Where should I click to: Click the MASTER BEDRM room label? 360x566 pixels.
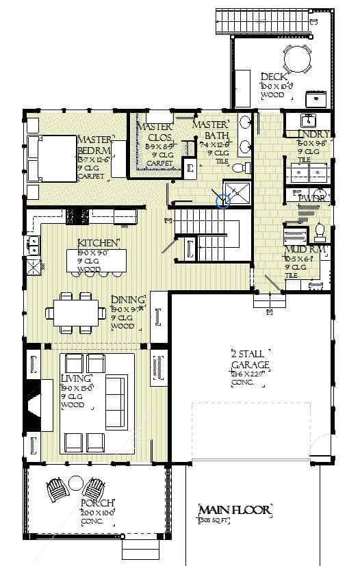(x=94, y=144)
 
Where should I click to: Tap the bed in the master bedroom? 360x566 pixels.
(x=53, y=159)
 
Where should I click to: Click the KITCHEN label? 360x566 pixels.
(x=99, y=243)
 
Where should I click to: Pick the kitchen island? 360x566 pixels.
(x=97, y=261)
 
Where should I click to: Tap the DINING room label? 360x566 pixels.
(x=128, y=300)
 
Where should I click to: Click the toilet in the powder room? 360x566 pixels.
(x=319, y=233)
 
